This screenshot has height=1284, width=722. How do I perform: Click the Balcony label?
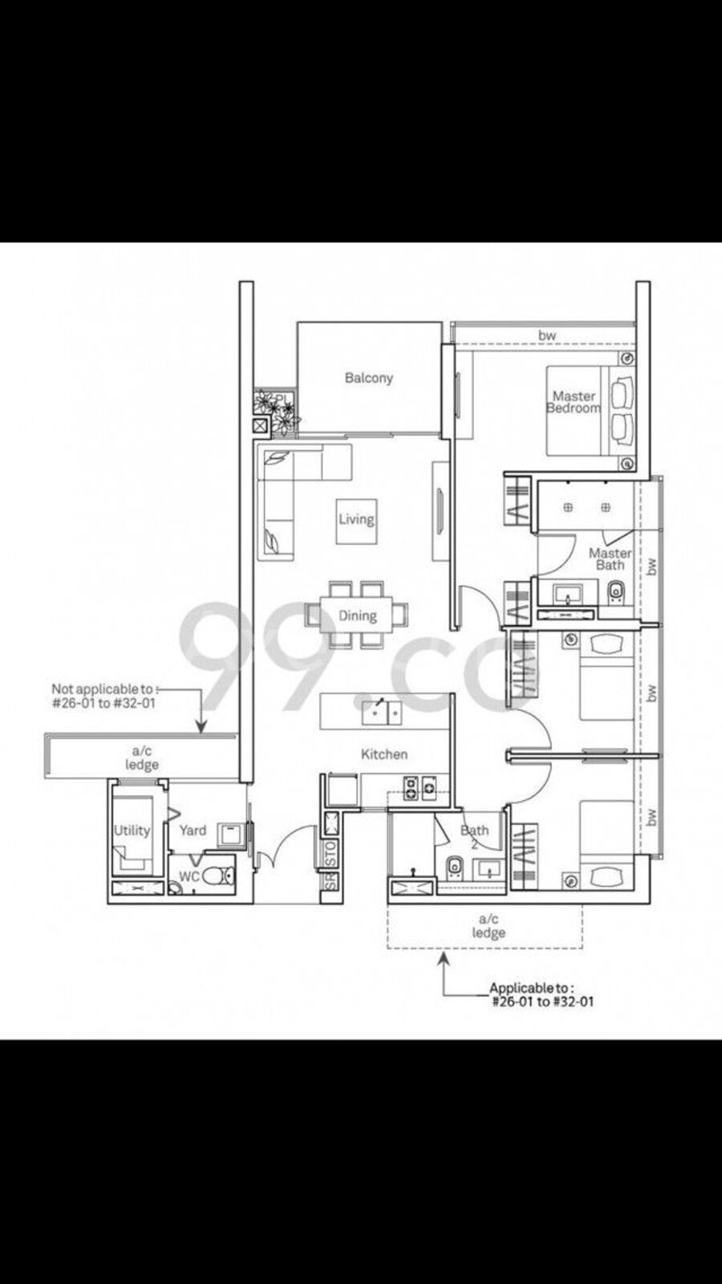tap(368, 378)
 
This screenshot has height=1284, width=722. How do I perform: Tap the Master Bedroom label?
tap(574, 402)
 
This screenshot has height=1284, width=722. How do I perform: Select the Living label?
tap(356, 519)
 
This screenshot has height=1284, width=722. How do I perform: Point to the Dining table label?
tap(358, 616)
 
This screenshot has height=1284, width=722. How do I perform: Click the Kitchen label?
tap(384, 754)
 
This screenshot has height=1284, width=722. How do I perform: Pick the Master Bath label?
tap(610, 559)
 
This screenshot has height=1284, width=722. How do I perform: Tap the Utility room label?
tap(132, 831)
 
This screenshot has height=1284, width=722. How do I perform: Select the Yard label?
tap(193, 831)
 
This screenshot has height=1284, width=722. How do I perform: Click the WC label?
tap(189, 876)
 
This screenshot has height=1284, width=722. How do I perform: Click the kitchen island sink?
tap(382, 712)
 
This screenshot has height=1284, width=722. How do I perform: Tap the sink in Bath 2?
tap(489, 869)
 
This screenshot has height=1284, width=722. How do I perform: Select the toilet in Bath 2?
tap(455, 868)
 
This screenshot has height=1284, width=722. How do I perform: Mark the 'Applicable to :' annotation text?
tap(531, 988)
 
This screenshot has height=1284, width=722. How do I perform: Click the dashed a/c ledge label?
tap(489, 926)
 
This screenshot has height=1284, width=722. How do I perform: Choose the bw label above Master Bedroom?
tap(547, 335)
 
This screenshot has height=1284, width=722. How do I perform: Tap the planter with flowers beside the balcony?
tap(275, 409)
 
